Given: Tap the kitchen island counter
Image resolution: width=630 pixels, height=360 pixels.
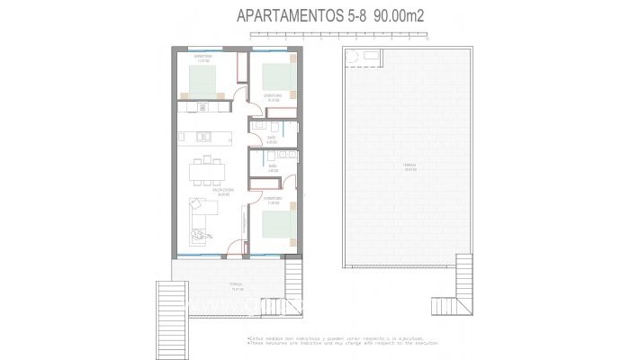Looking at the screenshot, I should pos(205,137).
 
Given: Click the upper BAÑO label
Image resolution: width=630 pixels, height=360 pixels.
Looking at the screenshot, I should pos(271,139).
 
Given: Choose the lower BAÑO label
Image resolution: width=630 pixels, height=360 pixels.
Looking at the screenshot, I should pos(272,166).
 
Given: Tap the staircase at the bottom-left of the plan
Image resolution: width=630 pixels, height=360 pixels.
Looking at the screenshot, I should pos(171,310).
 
